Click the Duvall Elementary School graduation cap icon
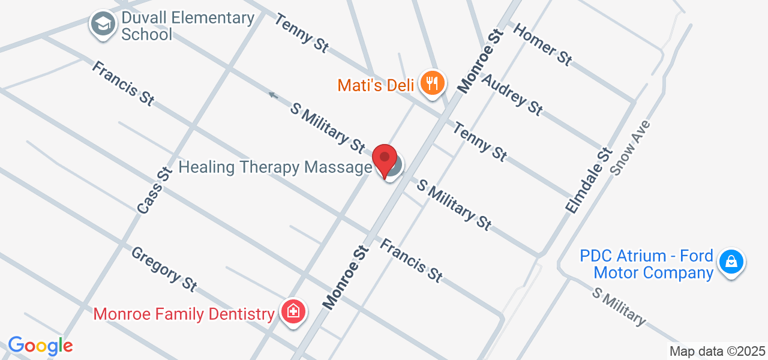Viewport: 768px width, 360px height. [x=103, y=25]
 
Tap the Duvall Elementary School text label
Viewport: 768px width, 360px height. [x=187, y=26]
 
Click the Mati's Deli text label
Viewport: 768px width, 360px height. [x=376, y=85]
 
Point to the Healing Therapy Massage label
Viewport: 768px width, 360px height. [x=275, y=167]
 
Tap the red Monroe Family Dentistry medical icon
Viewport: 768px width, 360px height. [x=293, y=312]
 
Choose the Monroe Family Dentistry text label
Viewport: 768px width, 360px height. [x=184, y=314]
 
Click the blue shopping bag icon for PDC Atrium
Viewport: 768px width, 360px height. [x=731, y=262]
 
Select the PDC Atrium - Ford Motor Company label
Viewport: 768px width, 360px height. [x=646, y=265]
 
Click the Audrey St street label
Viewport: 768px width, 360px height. [x=512, y=94]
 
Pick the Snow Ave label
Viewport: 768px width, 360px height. [x=631, y=147]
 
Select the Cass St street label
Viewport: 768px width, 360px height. [x=154, y=190]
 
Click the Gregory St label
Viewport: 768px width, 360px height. [x=164, y=269]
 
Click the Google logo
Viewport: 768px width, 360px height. [x=40, y=346]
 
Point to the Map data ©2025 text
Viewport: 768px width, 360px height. [x=717, y=352]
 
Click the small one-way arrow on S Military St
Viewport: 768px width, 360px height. [x=273, y=95]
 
